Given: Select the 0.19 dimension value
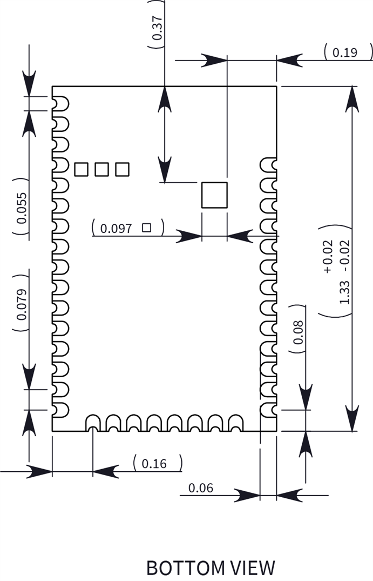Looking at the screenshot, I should coord(345,52).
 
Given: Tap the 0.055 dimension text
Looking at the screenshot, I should coord(21,208).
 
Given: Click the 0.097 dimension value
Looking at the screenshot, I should coord(116,228).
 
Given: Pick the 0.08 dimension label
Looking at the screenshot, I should coord(299,332).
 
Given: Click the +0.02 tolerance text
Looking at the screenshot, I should coord(328,263).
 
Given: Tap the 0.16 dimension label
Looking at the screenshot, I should coord(154,463).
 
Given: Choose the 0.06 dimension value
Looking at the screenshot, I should coord(201,488).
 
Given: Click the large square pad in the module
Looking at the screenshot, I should coord(214,195).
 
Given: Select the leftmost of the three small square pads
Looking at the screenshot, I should coord(81,169).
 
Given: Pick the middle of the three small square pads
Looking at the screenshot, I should coord(101,169).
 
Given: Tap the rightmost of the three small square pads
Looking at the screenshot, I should coord(122,169).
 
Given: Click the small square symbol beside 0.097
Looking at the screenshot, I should coord(146,228).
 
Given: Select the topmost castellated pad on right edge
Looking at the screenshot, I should coord(268,165).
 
